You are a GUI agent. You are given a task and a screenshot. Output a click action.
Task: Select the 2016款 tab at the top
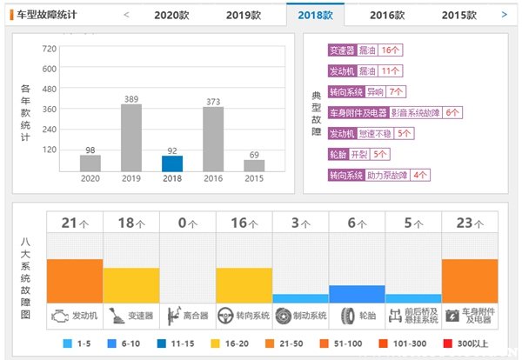pyautogui.click(x=386, y=15)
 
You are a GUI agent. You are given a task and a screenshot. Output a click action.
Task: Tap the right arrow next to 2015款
pyautogui.click(x=504, y=15)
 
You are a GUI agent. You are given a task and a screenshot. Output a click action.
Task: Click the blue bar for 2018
pyautogui.click(x=172, y=163)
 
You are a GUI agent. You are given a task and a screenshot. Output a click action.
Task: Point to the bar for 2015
pyautogui.click(x=254, y=164)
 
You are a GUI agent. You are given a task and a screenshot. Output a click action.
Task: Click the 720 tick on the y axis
pyautogui.click(x=49, y=49)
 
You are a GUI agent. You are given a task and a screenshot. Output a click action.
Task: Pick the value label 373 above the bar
pyautogui.click(x=213, y=100)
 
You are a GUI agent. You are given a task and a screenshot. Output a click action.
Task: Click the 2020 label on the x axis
pyautogui.click(x=90, y=178)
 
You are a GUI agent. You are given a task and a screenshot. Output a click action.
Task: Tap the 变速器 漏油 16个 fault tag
pyautogui.click(x=364, y=50)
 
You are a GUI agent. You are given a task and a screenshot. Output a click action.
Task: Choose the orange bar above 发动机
pyautogui.click(x=75, y=280)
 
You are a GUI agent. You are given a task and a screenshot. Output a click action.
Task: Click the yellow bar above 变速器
pyautogui.click(x=131, y=284)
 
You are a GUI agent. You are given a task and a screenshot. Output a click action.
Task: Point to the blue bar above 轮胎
pyautogui.click(x=357, y=293)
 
